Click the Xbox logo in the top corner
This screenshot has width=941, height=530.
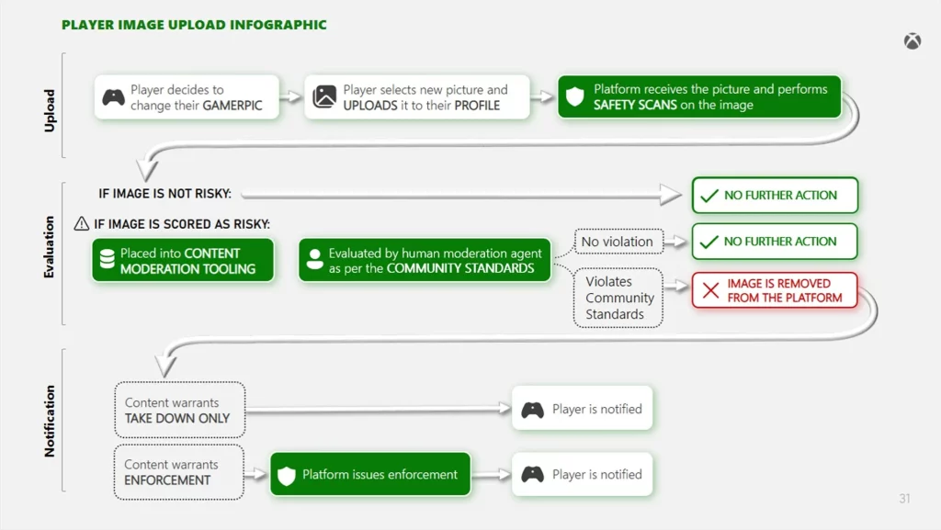[912, 41]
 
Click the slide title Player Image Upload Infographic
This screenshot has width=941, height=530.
[194, 25]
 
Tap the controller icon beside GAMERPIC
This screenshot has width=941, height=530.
[114, 97]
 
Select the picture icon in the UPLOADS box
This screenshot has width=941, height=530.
[324, 97]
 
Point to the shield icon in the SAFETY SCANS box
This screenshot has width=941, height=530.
[575, 97]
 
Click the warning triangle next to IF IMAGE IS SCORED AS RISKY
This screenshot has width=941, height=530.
[82, 223]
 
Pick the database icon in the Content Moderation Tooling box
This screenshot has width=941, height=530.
[107, 260]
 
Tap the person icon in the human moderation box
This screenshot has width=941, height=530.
[314, 260]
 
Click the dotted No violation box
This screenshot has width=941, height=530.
[618, 242]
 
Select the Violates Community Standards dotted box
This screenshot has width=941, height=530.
[620, 298]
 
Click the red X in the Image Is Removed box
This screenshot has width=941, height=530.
[710, 290]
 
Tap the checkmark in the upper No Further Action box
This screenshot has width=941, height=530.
[709, 196]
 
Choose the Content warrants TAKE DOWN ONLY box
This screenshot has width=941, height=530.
[178, 410]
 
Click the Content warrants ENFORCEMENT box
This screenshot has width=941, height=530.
[178, 472]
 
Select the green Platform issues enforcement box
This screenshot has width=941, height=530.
[369, 475]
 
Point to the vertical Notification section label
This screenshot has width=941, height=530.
[50, 421]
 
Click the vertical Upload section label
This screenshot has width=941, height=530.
[50, 110]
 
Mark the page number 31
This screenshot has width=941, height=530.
[904, 499]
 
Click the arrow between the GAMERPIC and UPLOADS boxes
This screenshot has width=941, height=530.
[291, 97]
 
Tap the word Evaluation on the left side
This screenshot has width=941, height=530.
[50, 247]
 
